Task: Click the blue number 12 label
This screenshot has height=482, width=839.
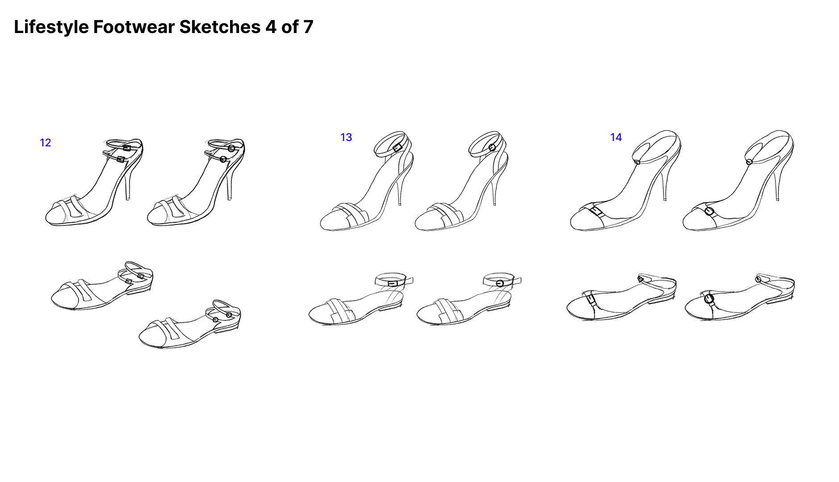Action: coord(46,143)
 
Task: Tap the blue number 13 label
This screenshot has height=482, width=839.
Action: coord(346,137)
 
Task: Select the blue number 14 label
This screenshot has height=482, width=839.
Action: coord(616,137)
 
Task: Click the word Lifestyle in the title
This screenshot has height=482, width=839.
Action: coord(51,27)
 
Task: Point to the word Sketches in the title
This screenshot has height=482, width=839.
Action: coord(220,27)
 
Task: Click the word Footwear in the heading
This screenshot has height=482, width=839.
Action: coord(134,27)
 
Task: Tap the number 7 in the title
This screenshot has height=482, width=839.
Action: coord(308,27)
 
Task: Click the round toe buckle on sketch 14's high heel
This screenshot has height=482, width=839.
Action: coord(709,211)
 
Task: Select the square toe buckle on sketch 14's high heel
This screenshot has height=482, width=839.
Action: coord(596,211)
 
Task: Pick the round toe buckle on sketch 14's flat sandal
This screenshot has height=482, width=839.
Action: coord(709,299)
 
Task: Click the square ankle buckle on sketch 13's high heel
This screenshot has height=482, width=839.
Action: coord(398,147)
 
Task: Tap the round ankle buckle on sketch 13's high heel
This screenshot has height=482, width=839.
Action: coord(492,147)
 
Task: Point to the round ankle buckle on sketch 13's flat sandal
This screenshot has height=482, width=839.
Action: coord(500,283)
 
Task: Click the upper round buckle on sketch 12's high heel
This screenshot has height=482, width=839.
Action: coord(231,148)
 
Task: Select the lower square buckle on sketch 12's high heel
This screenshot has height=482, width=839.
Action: coord(121,159)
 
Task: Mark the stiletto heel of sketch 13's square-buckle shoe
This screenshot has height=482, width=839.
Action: coord(399,190)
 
